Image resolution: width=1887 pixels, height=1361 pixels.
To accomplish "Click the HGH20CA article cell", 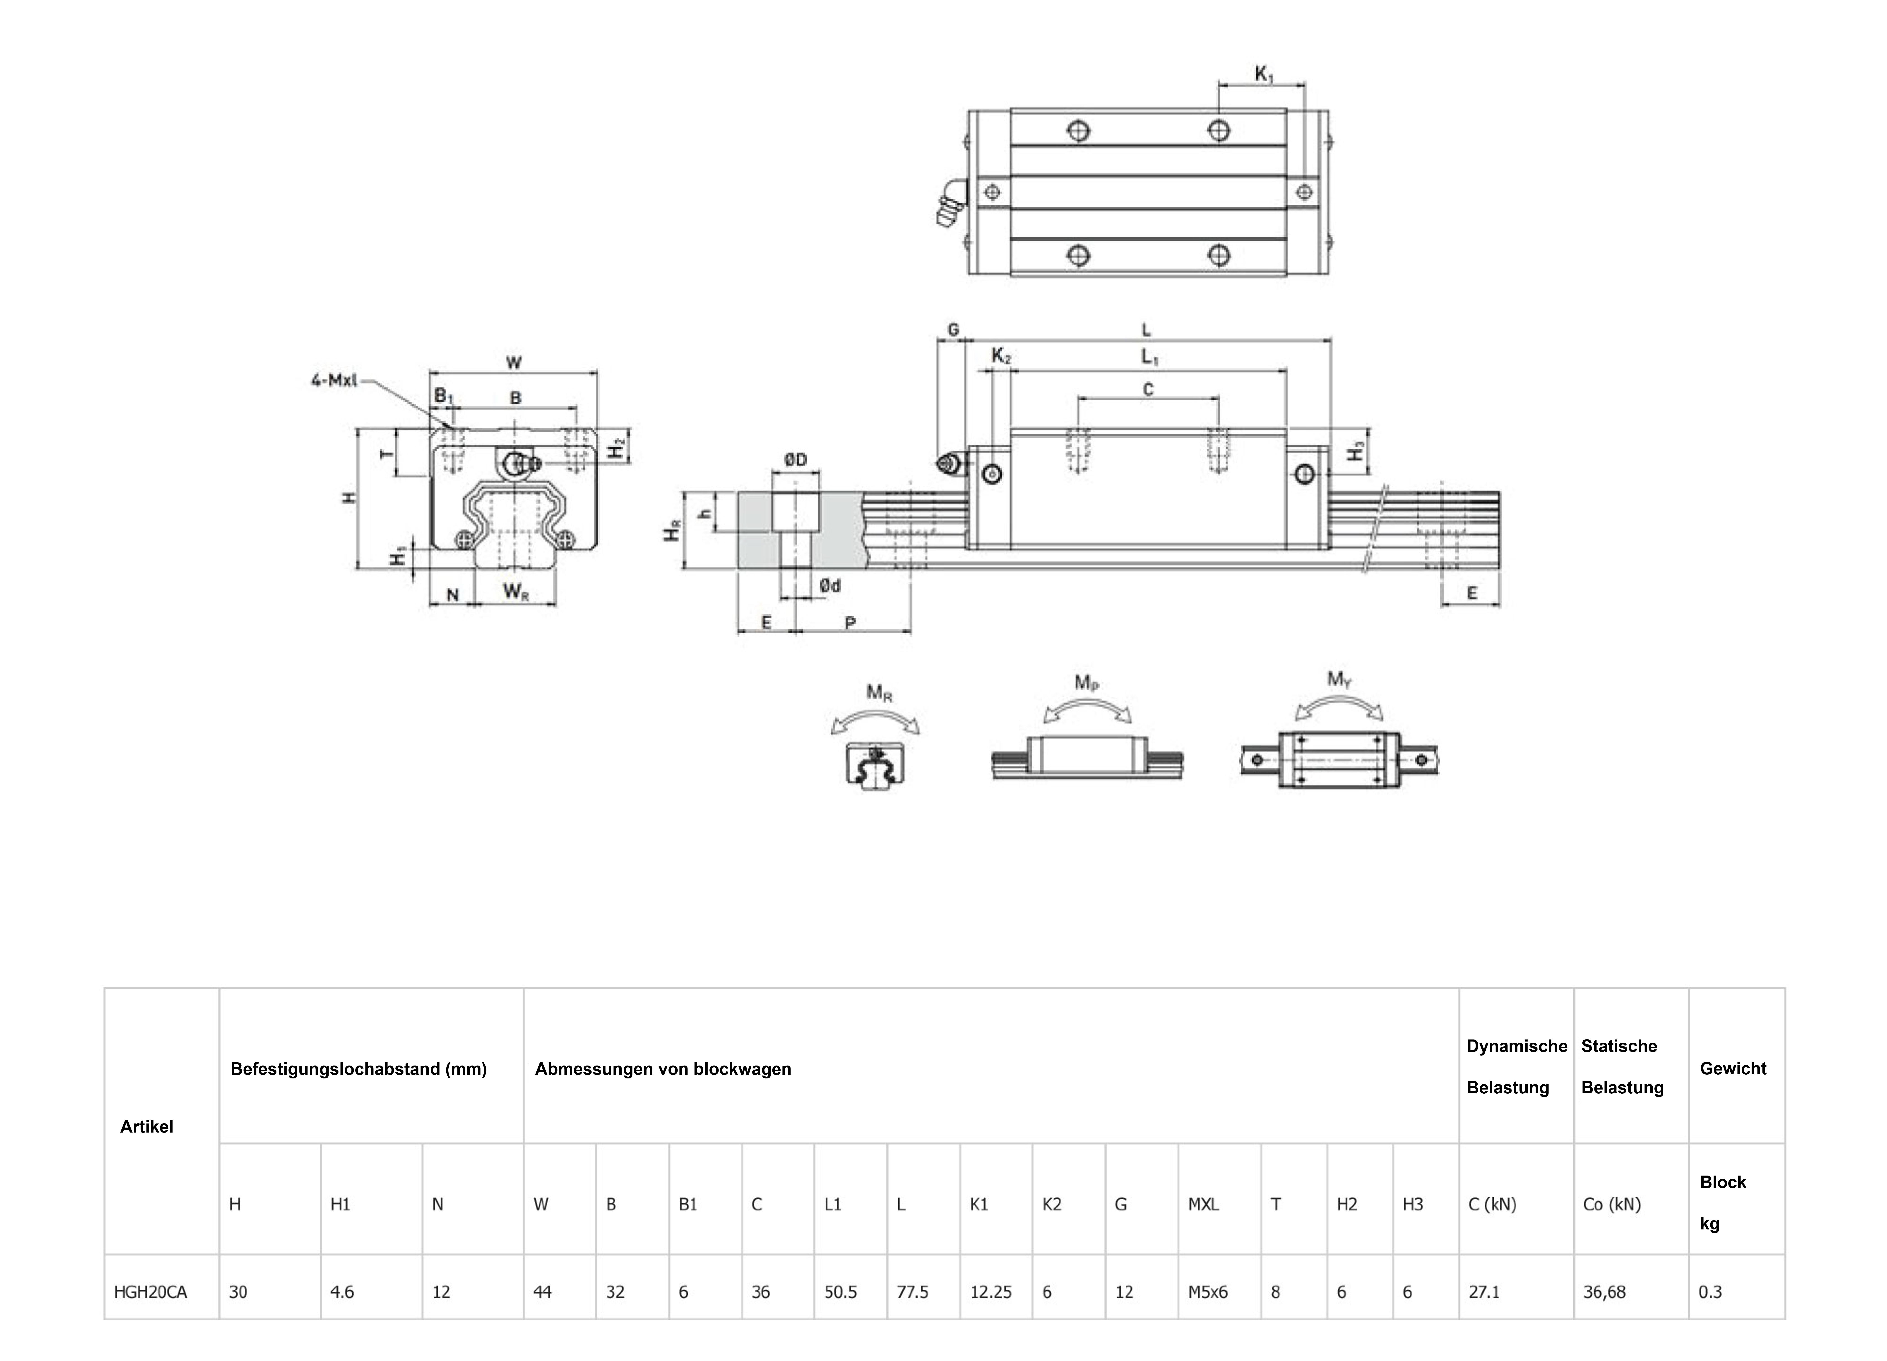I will [x=151, y=1292].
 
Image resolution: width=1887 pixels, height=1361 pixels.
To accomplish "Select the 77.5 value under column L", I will [x=913, y=1292].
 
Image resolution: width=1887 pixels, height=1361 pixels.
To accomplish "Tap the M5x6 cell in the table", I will [x=1207, y=1292].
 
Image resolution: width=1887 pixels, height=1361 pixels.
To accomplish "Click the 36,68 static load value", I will [x=1604, y=1292].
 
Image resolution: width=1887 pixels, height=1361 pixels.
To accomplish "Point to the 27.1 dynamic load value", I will [x=1484, y=1292].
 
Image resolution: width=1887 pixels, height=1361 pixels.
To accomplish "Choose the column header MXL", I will [x=1203, y=1204].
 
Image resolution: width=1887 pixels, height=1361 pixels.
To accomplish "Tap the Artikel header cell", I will [x=147, y=1126].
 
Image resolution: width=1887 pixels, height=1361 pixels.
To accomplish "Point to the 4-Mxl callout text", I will [x=334, y=380].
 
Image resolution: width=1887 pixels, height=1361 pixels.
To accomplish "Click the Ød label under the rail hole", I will [x=829, y=586].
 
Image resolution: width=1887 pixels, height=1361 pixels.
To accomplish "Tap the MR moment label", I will [x=879, y=692].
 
